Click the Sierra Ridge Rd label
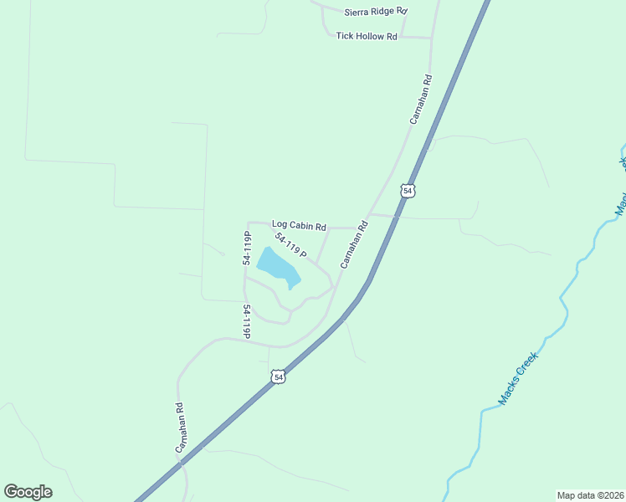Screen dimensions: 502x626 click(x=375, y=12)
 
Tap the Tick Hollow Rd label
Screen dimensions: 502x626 click(x=366, y=37)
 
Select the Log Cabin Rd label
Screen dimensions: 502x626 click(x=298, y=225)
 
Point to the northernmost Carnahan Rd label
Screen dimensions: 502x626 click(x=421, y=100)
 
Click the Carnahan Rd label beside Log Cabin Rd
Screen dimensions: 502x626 click(x=354, y=243)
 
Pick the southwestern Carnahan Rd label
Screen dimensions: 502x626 click(x=179, y=428)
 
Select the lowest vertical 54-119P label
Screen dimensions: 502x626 click(x=246, y=322)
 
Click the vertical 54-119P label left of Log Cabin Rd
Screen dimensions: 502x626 click(x=247, y=248)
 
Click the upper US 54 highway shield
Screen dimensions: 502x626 click(x=408, y=191)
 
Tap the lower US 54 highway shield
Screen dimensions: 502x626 click(x=279, y=377)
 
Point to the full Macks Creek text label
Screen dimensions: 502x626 click(x=517, y=379)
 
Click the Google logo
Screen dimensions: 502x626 click(x=28, y=492)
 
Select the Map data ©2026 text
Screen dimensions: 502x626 click(x=591, y=494)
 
